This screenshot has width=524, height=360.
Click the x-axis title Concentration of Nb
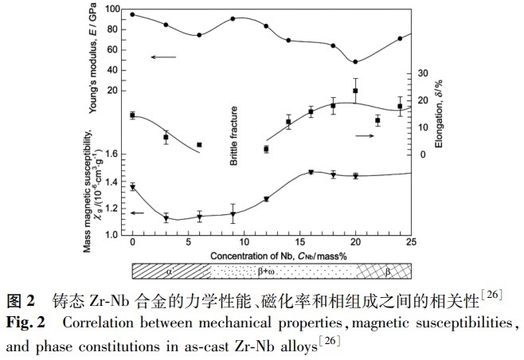272,255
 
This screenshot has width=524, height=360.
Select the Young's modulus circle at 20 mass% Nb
355,61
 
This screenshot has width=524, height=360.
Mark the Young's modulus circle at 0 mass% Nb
132,14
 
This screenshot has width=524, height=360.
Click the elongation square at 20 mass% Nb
355,91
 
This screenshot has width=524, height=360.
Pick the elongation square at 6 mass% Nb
199,145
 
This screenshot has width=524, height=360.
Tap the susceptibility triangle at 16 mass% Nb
311,172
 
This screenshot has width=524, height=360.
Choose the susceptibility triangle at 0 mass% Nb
132,187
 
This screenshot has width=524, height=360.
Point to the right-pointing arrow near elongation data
365,136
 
